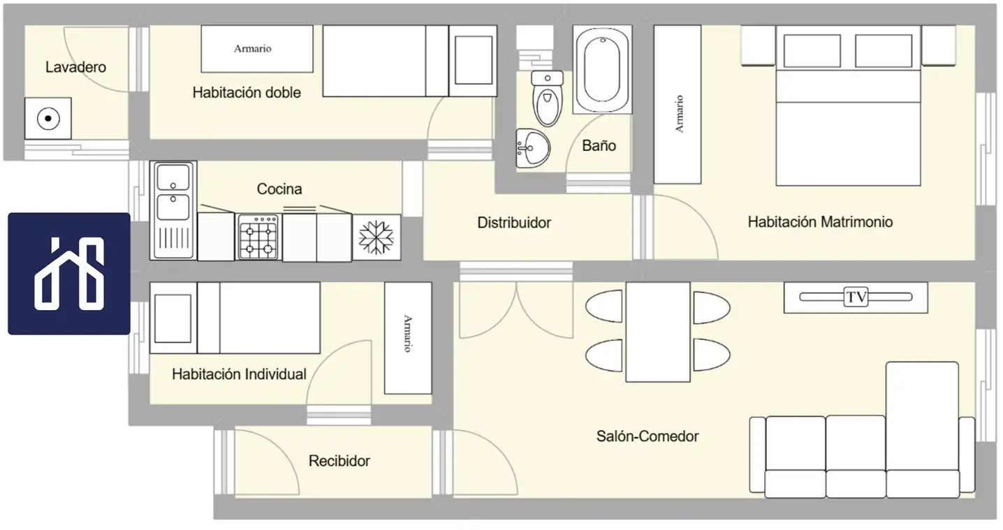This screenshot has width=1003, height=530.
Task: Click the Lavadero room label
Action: pos(75,67)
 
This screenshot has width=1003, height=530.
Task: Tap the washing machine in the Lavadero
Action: pos(48,119)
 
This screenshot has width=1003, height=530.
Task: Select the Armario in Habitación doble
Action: pos(257,49)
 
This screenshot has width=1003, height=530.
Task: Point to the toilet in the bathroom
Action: pos(547,98)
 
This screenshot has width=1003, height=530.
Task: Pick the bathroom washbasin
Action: pos(533,148)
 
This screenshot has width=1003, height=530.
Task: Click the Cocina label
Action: pos(279,189)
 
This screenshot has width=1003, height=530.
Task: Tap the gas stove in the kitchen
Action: pos(258,237)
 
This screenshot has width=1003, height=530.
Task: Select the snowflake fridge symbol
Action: pos(376,237)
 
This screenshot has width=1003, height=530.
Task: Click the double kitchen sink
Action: pos(173,210)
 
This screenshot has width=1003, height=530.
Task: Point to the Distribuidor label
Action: pos(514,223)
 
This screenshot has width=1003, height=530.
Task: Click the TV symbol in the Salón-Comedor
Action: pos(856,297)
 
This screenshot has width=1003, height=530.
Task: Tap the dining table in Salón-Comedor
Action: pos(658,332)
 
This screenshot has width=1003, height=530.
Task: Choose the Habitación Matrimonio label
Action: pos(820,222)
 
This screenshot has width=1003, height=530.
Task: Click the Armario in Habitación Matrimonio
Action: pos(678,104)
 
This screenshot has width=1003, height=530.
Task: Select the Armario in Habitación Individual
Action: pos(408,338)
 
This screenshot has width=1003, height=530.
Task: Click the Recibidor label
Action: pos(339,461)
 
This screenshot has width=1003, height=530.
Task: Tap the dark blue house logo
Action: pos(69,274)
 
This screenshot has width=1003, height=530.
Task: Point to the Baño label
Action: pos(599,145)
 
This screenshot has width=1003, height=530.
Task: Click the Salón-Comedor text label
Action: pos(647,436)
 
